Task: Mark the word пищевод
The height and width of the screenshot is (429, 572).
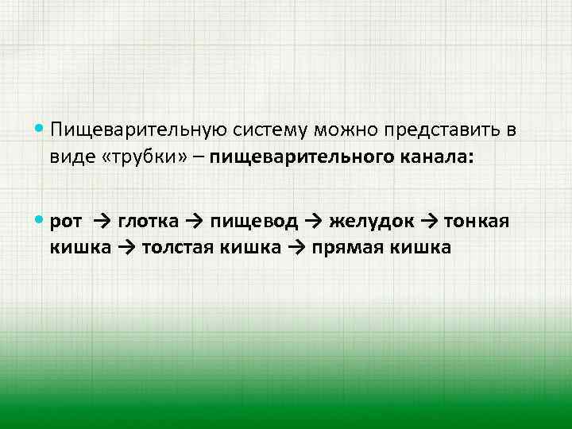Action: coord(257,221)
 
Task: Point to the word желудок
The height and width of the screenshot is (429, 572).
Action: coord(370,221)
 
